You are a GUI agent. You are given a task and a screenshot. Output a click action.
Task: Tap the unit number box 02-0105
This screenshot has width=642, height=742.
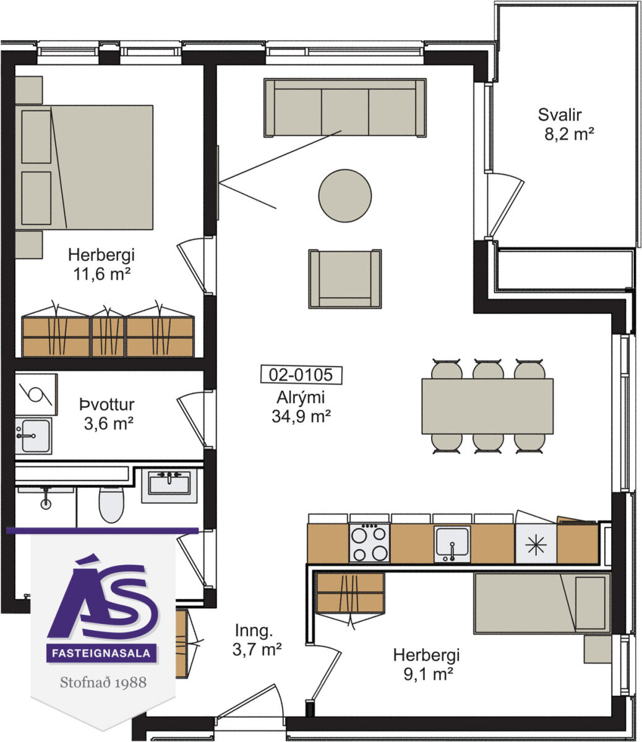point(301,375)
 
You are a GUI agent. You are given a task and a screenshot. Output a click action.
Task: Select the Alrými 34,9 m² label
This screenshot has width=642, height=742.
point(301,407)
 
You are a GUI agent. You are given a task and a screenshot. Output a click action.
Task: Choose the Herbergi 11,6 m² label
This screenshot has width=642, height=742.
point(101,264)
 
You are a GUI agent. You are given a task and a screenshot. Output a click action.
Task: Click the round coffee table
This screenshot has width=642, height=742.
point(345,195)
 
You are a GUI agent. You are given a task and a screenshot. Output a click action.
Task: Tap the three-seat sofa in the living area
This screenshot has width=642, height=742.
point(345,108)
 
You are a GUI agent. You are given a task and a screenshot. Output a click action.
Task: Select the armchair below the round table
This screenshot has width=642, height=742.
point(345,279)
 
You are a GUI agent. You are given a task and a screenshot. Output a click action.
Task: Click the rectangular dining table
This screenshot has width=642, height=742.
point(487,406)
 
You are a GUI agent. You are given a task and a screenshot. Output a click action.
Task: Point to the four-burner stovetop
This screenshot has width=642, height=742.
point(369,543)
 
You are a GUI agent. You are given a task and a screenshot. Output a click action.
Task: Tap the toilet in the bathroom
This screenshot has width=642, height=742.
point(111,505)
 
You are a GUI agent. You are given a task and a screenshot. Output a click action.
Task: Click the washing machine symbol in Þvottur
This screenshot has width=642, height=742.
point(36,394)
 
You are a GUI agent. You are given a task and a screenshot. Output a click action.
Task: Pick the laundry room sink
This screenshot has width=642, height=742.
point(33,436)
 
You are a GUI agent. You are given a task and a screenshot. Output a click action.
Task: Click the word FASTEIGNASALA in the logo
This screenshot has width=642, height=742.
point(101,653)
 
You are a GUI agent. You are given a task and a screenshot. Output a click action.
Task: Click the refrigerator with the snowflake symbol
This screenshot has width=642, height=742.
point(536,544)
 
